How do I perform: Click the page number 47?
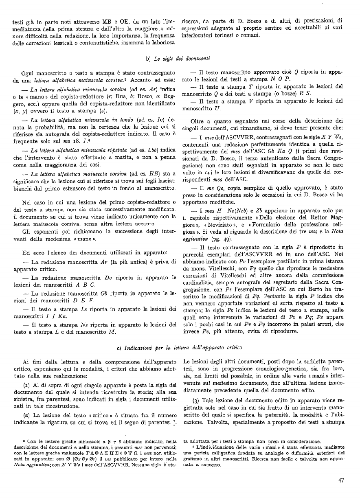341,480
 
